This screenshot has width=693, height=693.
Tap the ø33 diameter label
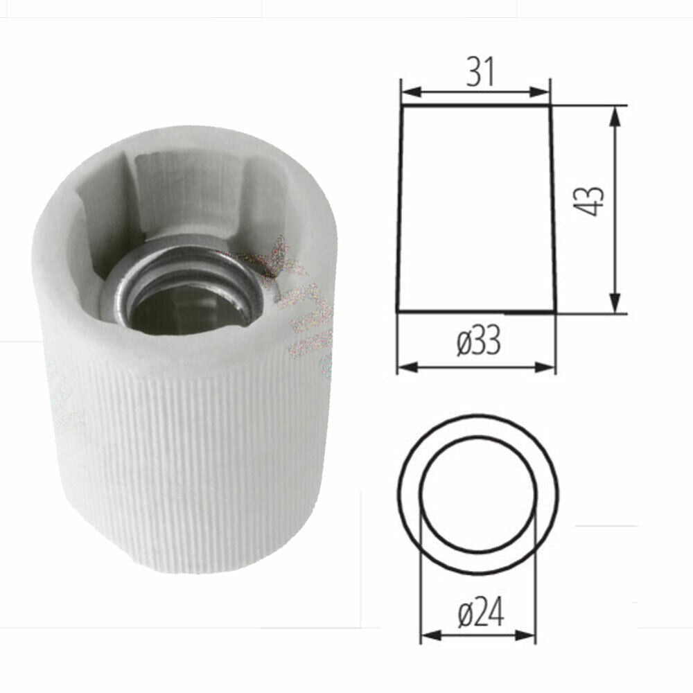pos(478,342)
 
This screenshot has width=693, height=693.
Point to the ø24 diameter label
pos(481,613)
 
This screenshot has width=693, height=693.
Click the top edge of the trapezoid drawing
pos(476,106)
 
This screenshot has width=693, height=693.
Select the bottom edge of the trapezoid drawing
pos(476,312)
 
